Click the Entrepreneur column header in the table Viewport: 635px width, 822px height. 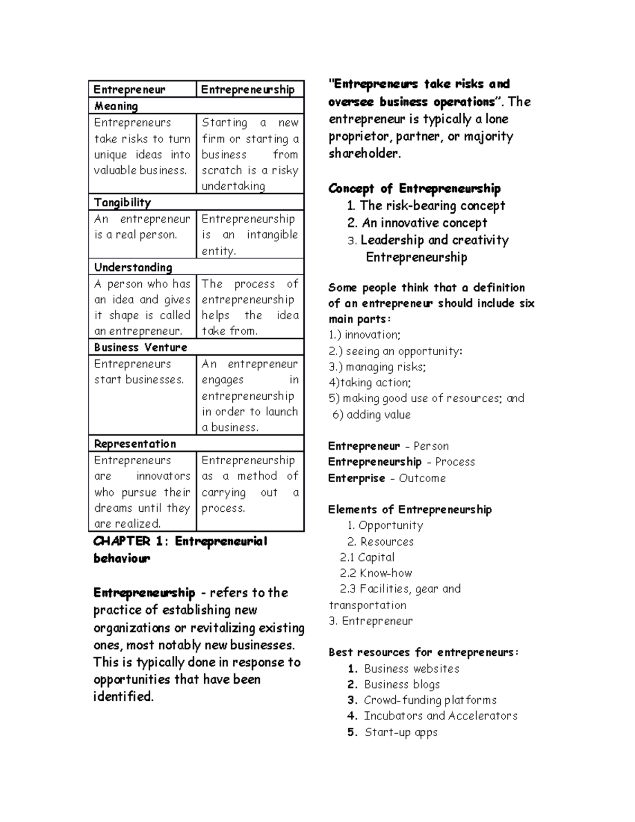(130, 89)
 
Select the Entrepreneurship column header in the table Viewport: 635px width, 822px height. (248, 89)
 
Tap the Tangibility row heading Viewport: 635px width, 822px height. (122, 202)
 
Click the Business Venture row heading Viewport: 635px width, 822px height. (140, 347)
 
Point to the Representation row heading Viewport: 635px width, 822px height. (135, 444)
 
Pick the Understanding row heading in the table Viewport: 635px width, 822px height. (133, 267)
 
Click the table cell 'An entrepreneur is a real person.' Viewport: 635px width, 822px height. (142, 227)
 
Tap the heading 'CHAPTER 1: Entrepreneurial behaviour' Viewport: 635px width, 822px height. (180, 549)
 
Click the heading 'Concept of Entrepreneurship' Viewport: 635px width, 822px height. (414, 188)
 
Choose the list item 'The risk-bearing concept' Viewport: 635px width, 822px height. (432, 205)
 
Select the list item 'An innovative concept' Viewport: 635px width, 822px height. (423, 223)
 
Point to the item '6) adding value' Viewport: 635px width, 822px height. (371, 414)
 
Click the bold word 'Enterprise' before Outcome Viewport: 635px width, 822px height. (356, 478)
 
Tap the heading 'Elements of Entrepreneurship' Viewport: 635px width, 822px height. (410, 509)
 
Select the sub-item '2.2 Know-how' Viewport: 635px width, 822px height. (376, 573)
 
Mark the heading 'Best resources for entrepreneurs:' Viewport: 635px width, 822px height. (423, 652)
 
